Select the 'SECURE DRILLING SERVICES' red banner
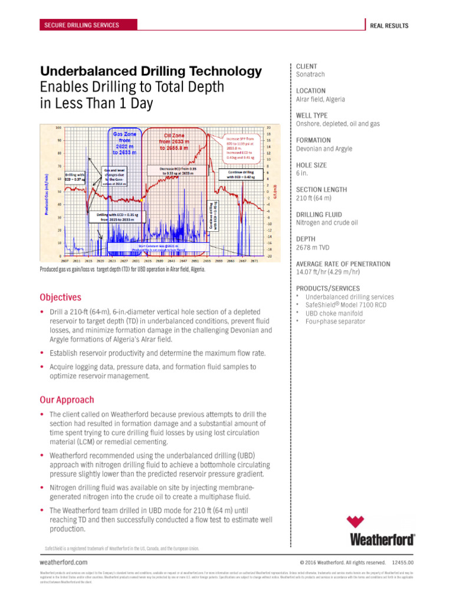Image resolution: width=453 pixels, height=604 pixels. coord(81,25)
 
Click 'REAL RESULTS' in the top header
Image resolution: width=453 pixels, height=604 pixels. coord(389,25)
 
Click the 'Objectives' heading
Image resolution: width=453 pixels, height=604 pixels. coord(60,297)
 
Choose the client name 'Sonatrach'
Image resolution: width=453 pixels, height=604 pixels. coord(310,75)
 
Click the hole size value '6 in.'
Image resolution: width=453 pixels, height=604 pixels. coord(303,173)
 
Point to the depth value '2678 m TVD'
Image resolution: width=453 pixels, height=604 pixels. coord(314,248)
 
